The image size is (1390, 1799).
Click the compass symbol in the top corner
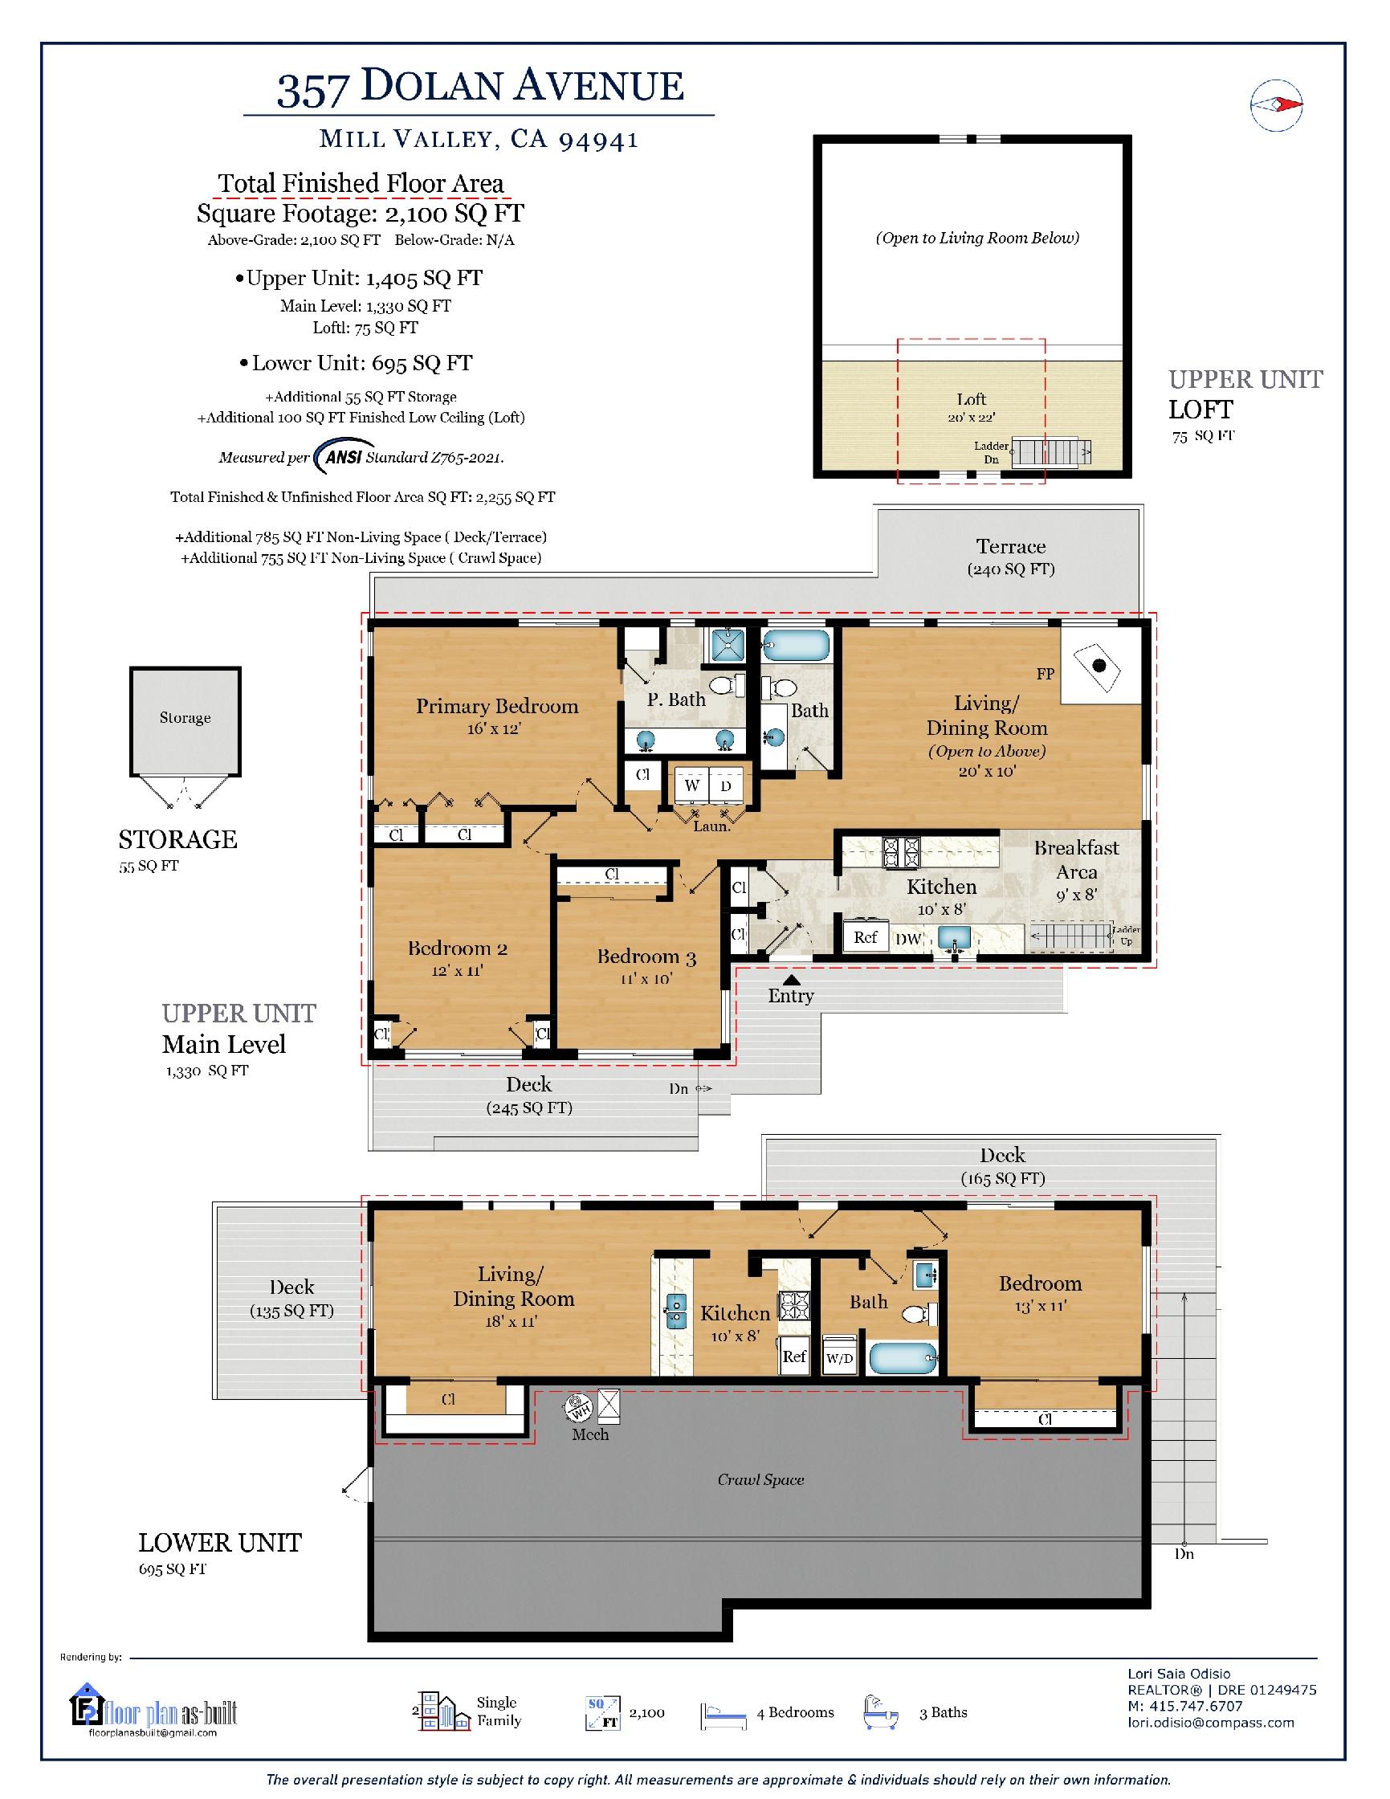click(x=1276, y=104)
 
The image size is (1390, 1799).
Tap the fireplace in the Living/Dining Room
click(x=1100, y=666)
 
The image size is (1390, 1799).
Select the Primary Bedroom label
click(x=496, y=706)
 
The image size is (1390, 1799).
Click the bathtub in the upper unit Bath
click(x=795, y=645)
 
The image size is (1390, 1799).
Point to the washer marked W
click(x=691, y=785)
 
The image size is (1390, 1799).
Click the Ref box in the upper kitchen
click(x=865, y=936)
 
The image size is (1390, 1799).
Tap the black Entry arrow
click(x=791, y=979)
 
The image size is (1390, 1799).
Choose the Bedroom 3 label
click(x=646, y=957)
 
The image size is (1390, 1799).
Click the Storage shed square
click(x=185, y=721)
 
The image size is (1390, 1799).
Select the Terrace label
click(x=1011, y=546)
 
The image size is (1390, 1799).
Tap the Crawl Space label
click(x=760, y=1479)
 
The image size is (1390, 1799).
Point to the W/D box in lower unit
click(x=839, y=1358)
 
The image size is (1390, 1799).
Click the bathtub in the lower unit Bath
click(x=903, y=1356)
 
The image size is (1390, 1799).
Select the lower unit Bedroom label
click(x=1040, y=1283)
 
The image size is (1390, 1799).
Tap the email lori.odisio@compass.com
click(x=1210, y=1722)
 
